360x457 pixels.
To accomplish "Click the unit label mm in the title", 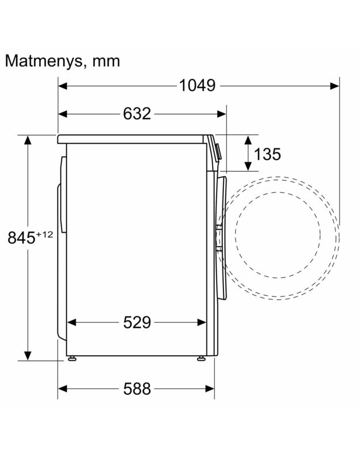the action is (106, 62).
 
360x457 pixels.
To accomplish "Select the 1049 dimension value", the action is (197, 86).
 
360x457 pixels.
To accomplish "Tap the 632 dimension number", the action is (137, 113).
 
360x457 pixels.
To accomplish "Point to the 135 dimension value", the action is (267, 154).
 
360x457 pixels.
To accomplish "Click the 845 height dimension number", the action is (21, 238).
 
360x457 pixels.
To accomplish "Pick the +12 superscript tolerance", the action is (44, 234).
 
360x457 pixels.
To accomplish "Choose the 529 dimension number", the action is (137, 322).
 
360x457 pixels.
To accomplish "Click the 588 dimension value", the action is (137, 389).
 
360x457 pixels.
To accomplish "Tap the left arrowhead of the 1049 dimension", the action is (63, 86).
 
